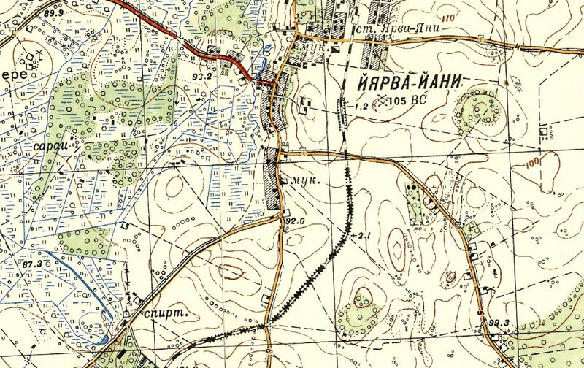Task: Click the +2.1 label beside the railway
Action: [x=362, y=236]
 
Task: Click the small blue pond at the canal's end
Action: [x=104, y=339]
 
